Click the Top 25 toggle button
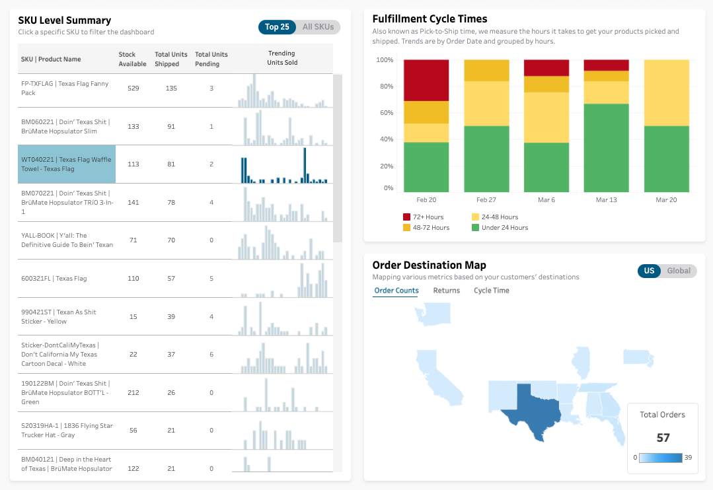[277, 27]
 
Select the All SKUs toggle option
[318, 27]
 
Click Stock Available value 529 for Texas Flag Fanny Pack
[133, 88]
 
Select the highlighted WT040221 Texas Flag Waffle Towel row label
[67, 164]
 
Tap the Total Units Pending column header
[211, 59]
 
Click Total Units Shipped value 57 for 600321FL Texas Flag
[171, 278]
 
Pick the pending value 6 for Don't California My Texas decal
[211, 354]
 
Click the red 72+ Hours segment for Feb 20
[426, 80]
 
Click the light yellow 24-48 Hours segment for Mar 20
[666, 92]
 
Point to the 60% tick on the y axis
[385, 113]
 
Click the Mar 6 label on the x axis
[546, 199]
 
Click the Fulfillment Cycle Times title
[430, 19]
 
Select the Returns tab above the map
[446, 291]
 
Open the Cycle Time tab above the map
[491, 291]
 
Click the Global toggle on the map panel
[679, 271]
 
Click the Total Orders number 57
[663, 437]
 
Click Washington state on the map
[433, 314]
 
